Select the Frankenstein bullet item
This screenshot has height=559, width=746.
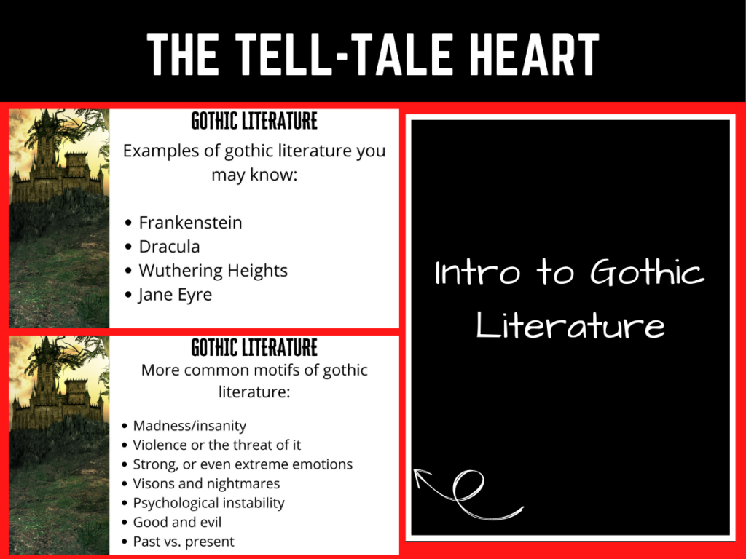[190, 222]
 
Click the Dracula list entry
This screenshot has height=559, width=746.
[169, 246]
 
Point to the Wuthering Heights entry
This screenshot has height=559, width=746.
[213, 270]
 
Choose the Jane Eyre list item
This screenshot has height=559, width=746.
[175, 295]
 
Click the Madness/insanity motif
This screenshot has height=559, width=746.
[189, 426]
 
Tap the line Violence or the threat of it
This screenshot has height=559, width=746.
[216, 445]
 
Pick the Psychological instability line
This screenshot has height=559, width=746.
[208, 503]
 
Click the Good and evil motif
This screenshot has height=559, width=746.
[177, 522]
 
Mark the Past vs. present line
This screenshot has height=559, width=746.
[184, 542]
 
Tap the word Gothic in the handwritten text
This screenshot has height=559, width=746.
[647, 273]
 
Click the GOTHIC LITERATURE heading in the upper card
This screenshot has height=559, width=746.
[254, 121]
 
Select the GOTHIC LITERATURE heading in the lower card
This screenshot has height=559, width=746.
[254, 347]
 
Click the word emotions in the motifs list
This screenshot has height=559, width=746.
[322, 464]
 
